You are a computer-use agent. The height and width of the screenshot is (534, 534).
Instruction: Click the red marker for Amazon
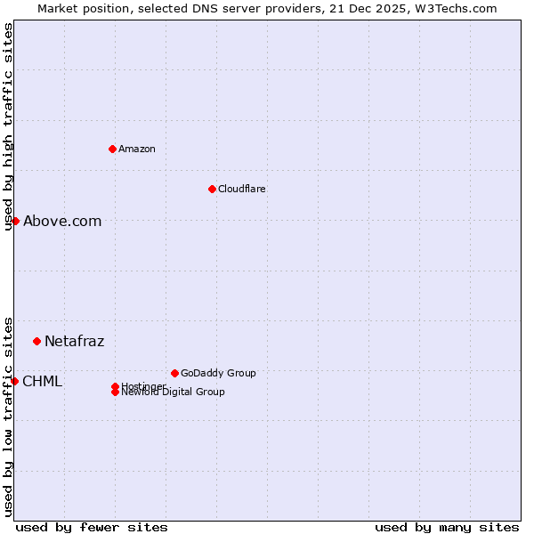[112, 149]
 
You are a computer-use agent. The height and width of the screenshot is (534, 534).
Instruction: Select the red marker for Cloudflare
[212, 189]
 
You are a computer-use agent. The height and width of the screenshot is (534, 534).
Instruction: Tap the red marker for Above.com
[15, 221]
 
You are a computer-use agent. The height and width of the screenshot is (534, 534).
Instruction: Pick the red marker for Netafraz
[36, 341]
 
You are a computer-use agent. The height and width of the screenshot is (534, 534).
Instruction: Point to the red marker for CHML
[14, 381]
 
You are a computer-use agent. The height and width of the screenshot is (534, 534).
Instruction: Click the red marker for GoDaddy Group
[174, 373]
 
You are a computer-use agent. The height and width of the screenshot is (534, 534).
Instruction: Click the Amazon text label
[137, 149]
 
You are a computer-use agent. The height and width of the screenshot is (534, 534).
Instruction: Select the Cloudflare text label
[242, 189]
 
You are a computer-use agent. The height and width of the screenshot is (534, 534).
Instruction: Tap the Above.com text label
[62, 222]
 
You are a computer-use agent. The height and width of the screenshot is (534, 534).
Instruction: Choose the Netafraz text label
[75, 342]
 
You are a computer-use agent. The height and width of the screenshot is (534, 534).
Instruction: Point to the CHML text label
[42, 382]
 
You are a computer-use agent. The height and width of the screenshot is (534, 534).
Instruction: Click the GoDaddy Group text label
[218, 373]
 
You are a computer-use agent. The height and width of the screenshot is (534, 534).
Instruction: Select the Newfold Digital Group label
[173, 392]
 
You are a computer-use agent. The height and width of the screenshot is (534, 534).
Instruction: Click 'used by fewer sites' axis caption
[92, 527]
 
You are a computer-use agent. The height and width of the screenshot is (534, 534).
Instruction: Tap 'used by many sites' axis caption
[447, 527]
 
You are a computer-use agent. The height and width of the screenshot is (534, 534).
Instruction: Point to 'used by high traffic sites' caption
[8, 126]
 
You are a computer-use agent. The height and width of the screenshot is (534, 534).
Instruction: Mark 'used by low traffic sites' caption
[8, 417]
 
